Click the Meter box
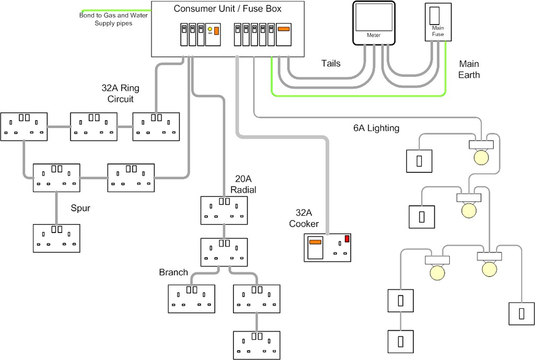point(374,22)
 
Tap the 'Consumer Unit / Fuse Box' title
point(227,8)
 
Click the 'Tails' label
point(330,63)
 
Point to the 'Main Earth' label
point(469,69)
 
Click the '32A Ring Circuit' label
point(120,94)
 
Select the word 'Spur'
point(80,208)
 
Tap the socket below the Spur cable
point(56,238)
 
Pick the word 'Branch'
point(173,272)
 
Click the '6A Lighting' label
point(376,128)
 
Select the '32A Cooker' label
point(307,218)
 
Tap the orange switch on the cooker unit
point(315,241)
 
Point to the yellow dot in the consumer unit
point(210,29)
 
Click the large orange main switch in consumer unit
point(283,30)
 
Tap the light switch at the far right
point(521,313)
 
